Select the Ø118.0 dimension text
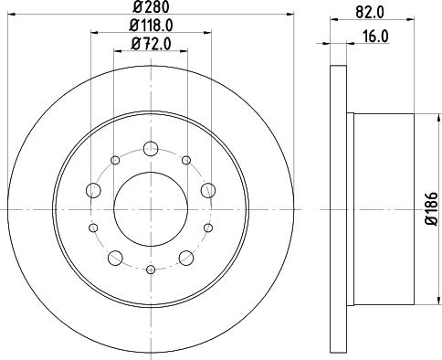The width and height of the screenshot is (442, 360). click(x=150, y=26)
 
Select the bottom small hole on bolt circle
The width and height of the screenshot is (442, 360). click(x=151, y=270)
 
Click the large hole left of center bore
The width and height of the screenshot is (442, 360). click(x=93, y=190)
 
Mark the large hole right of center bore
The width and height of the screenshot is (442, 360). click(x=208, y=190)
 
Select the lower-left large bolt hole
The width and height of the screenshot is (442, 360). click(x=115, y=257)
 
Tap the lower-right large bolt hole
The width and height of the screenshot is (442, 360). click(x=186, y=257)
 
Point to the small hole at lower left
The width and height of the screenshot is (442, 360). click(x=93, y=227)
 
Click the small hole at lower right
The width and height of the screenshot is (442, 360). click(x=208, y=227)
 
